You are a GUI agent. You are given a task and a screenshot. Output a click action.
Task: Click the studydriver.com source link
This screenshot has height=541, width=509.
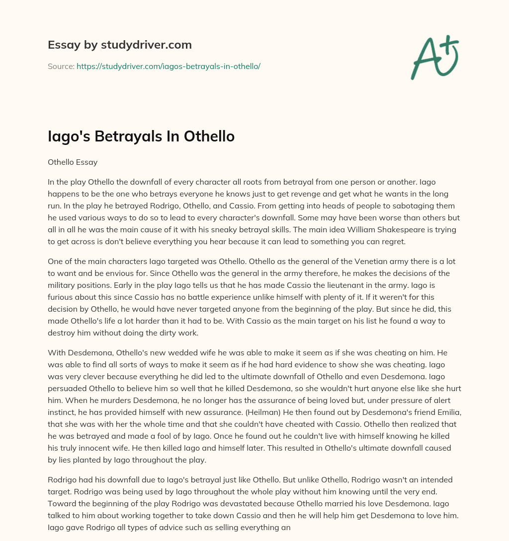tap(169, 66)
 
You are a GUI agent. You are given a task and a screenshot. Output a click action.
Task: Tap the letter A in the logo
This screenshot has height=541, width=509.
tap(424, 61)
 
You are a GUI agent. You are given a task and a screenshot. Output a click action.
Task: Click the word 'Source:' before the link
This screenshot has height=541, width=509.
tap(61, 66)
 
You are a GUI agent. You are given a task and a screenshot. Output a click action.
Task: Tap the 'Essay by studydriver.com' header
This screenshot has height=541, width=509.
tap(119, 45)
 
